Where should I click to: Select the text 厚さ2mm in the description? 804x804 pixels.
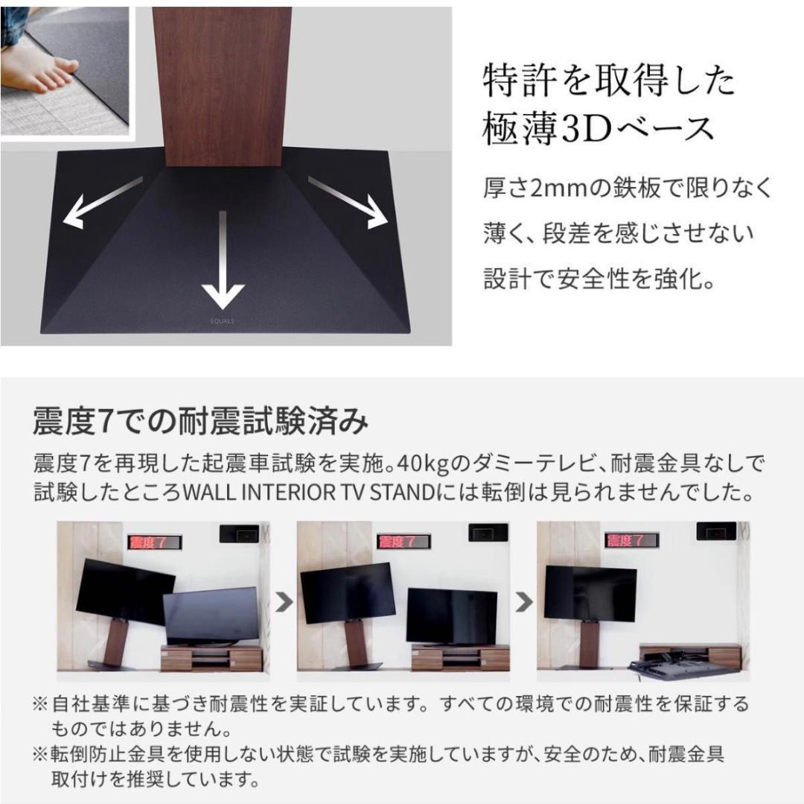[529, 188]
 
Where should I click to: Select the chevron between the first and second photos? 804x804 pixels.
[284, 602]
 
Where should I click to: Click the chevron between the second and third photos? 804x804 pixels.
[524, 602]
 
